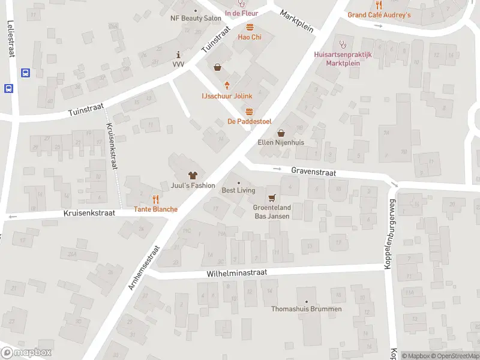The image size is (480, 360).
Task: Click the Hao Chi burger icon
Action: [x=250, y=26]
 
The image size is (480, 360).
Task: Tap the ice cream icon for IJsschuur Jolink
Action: [x=227, y=85]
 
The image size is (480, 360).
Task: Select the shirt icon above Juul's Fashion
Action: [x=193, y=175]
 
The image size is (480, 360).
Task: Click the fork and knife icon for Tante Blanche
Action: [x=155, y=199]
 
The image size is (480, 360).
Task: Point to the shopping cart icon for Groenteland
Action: [x=272, y=197]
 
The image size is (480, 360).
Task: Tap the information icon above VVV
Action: [x=178, y=54]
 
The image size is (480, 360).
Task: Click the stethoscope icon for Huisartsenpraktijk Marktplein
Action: [x=343, y=43]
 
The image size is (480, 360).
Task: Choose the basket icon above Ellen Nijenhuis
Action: [x=281, y=133]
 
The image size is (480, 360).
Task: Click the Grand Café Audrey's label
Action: [x=379, y=15]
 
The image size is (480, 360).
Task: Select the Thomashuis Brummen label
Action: [x=307, y=309]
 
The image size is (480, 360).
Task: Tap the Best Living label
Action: [x=238, y=190]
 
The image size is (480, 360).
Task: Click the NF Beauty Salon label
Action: [x=196, y=19]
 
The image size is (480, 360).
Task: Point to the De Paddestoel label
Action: [x=249, y=121]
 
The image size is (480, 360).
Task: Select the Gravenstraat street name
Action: [x=313, y=172]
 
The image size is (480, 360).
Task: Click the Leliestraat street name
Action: [x=11, y=38]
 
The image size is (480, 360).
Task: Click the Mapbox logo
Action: [x=26, y=353]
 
